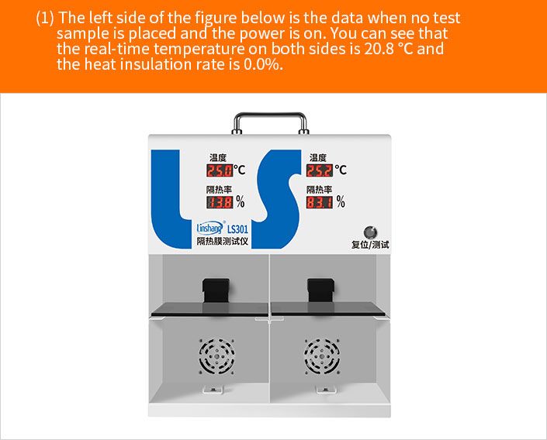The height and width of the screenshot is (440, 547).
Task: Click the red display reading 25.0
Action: coord(220,170)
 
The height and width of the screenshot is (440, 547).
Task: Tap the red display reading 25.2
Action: coord(320,170)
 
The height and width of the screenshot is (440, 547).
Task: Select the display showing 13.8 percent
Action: coord(220,202)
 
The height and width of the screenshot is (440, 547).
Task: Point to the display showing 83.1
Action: coord(320,202)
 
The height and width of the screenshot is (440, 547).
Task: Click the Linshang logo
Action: coord(210,228)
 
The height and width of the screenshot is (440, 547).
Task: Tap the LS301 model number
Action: coord(237,229)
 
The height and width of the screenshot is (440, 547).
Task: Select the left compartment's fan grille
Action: coord(216,356)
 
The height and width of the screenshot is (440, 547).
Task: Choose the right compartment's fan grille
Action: coord(322,356)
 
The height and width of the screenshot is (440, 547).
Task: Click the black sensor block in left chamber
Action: coord(216,290)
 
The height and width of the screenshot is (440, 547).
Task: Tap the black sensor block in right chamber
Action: coord(320,290)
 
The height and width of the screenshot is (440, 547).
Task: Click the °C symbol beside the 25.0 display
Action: coord(239,170)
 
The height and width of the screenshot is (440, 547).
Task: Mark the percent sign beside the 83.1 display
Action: coord(341,201)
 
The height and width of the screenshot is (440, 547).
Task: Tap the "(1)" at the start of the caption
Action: coord(45,18)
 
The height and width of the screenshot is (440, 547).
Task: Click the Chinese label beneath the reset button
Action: coord(370,245)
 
